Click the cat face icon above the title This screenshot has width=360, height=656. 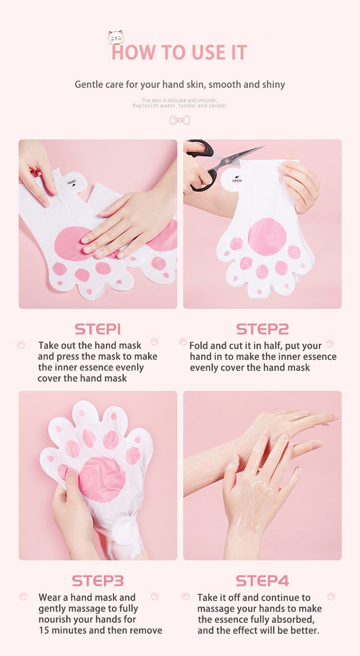(x=116, y=37)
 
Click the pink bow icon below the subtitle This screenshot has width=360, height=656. (x=180, y=120)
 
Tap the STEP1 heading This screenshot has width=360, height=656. (x=98, y=329)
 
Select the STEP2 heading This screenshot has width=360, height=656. (x=262, y=329)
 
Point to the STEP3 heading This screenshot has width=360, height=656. (x=98, y=581)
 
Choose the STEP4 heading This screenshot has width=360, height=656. (x=262, y=581)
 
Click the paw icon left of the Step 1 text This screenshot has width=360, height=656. (x=21, y=345)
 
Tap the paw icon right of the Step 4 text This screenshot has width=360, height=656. (x=331, y=596)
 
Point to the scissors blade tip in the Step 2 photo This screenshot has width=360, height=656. (x=263, y=147)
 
